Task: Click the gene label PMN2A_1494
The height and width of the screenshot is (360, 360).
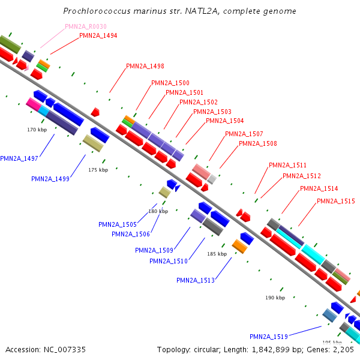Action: (98, 35)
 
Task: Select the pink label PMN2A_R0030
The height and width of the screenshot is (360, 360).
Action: (86, 26)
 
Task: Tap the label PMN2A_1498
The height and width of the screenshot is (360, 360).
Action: (145, 66)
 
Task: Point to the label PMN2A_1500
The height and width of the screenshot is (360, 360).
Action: (170, 83)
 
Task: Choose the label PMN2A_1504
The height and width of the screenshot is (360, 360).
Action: (225, 121)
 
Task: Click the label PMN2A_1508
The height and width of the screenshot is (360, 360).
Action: (258, 143)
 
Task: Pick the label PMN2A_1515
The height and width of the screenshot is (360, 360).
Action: (336, 201)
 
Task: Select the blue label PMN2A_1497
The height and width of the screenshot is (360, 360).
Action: (19, 158)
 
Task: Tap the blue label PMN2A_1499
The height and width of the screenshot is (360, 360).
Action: (50, 179)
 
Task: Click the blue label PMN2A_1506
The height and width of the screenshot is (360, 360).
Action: (131, 234)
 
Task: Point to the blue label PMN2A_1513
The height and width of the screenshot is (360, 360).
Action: (196, 280)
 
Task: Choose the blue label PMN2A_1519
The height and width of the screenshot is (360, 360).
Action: (269, 337)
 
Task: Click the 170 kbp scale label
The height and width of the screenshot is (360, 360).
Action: (37, 130)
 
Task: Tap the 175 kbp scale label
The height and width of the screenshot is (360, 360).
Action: (98, 170)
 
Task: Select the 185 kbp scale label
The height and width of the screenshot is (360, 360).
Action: (217, 254)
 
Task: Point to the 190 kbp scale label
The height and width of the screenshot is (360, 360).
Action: (275, 298)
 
